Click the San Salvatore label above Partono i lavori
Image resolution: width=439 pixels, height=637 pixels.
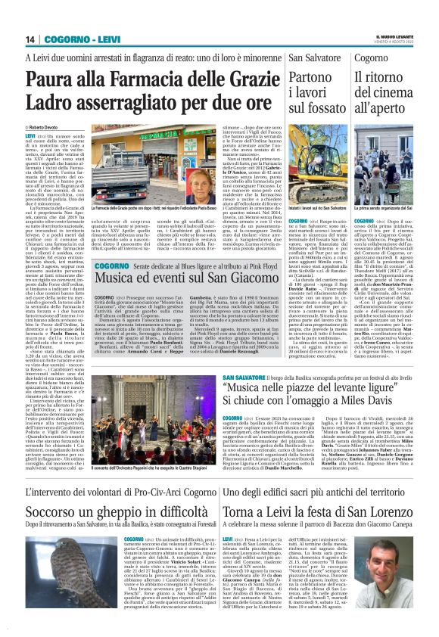pos(310,58)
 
